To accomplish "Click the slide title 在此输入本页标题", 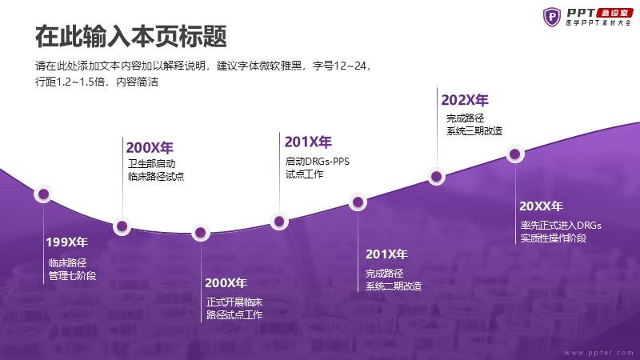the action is click(x=131, y=36).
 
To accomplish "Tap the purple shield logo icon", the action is click(x=552, y=17).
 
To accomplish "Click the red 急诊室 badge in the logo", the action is click(x=614, y=13).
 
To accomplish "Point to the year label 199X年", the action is click(x=67, y=242).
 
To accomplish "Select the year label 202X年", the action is click(x=465, y=100).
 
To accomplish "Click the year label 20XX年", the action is click(x=541, y=206).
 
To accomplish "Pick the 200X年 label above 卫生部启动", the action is click(x=150, y=147).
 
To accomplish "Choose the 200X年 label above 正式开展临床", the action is click(x=226, y=283).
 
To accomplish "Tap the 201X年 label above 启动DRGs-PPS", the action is click(x=308, y=142).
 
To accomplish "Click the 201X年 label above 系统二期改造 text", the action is click(x=386, y=254).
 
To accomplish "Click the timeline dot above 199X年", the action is click(x=43, y=194).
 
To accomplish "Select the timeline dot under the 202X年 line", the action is click(x=436, y=176).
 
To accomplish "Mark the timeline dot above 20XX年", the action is click(x=515, y=154).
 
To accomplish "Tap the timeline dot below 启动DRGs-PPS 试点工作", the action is click(x=279, y=222).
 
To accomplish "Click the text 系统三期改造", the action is click(x=474, y=131).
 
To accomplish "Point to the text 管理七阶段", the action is click(x=72, y=275).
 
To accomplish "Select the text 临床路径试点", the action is click(x=156, y=176).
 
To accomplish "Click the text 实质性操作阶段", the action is click(x=554, y=238).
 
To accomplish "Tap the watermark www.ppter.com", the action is click(x=598, y=353).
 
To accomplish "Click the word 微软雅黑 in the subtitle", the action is click(x=281, y=66).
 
